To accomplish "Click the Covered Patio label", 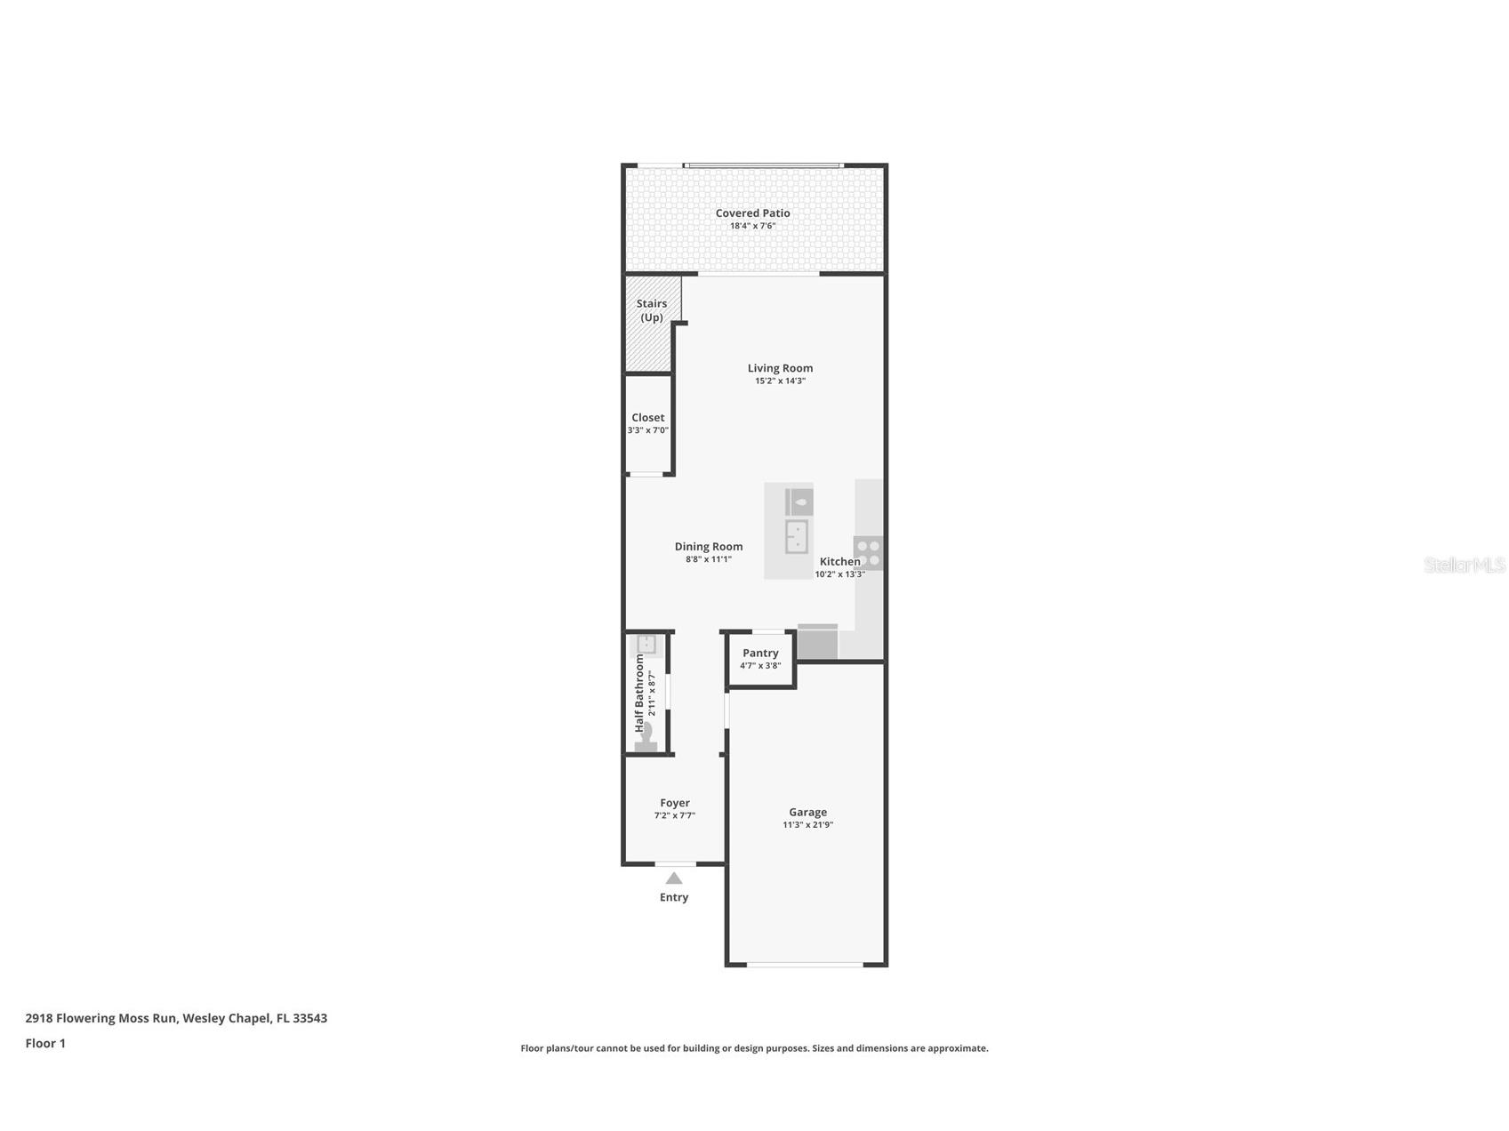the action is pyautogui.click(x=752, y=213).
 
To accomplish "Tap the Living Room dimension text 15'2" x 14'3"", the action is pyautogui.click(x=780, y=381).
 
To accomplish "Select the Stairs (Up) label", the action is pyautogui.click(x=652, y=310).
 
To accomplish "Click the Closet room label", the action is pyautogui.click(x=647, y=418).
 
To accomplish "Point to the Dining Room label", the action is pyautogui.click(x=709, y=547).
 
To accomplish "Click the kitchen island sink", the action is pyautogui.click(x=797, y=536).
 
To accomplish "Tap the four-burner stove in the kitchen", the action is pyautogui.click(x=868, y=553).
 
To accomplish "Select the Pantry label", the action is pyautogui.click(x=760, y=653).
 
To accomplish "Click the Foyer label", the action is pyautogui.click(x=674, y=803).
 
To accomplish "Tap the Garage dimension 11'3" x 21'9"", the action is pyautogui.click(x=807, y=825).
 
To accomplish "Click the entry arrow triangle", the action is pyautogui.click(x=674, y=878).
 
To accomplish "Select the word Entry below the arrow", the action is pyautogui.click(x=674, y=897).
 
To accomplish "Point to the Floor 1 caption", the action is pyautogui.click(x=45, y=1043).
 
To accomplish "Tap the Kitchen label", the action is pyautogui.click(x=839, y=562).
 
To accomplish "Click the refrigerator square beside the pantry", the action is pyautogui.click(x=817, y=641).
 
